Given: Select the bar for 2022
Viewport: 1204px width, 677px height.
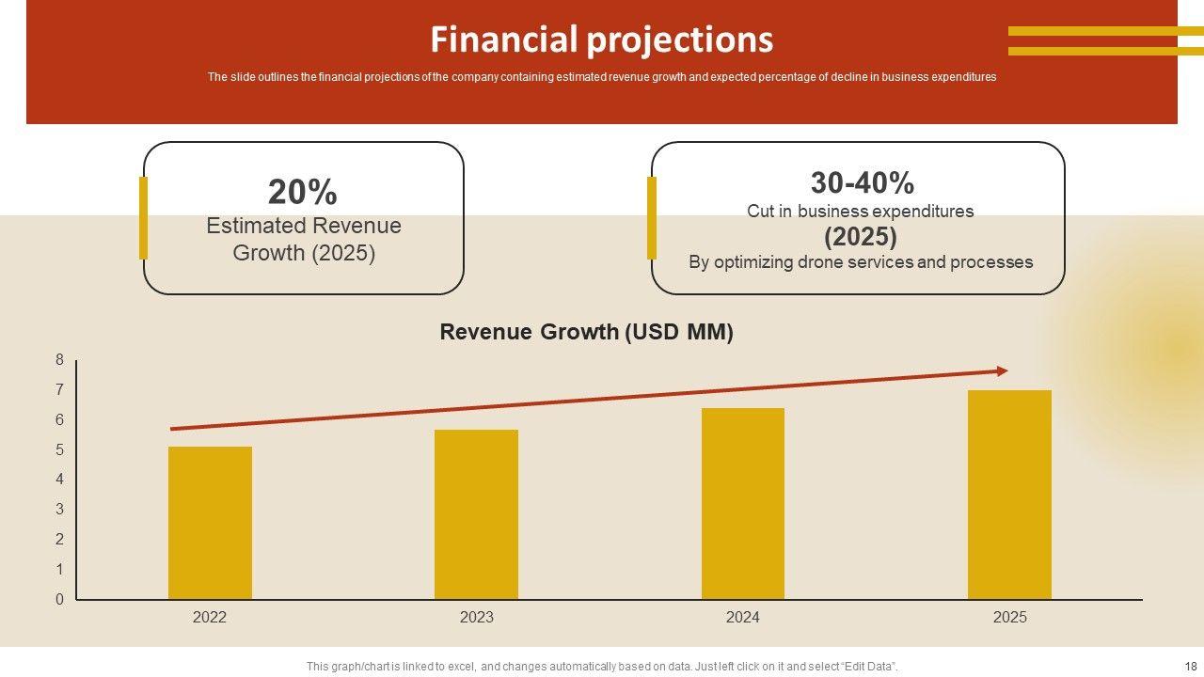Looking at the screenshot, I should pyautogui.click(x=210, y=523).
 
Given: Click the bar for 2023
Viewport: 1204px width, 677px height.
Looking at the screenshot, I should pyautogui.click(x=476, y=514).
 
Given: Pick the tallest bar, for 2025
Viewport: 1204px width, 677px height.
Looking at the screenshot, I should pyautogui.click(x=1009, y=495).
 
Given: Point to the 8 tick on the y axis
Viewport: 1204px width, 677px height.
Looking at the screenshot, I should pyautogui.click(x=60, y=359).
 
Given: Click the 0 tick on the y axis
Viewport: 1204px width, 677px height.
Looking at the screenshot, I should pyautogui.click(x=60, y=599).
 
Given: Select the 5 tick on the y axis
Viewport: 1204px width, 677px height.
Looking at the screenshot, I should pyautogui.click(x=60, y=449).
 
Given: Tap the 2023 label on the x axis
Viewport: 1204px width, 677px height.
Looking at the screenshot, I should pyautogui.click(x=476, y=618).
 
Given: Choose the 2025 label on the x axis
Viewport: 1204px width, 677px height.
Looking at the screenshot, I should pyautogui.click(x=1009, y=618).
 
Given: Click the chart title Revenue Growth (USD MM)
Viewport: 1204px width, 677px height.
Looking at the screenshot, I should pyautogui.click(x=586, y=332).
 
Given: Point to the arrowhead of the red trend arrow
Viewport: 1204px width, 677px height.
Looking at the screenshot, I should pyautogui.click(x=1002, y=371).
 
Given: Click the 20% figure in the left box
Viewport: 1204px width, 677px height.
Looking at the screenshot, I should pyautogui.click(x=302, y=192).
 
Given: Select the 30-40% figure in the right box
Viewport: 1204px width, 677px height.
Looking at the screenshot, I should pyautogui.click(x=862, y=181).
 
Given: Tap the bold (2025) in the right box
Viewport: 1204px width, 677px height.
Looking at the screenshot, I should pyautogui.click(x=861, y=236).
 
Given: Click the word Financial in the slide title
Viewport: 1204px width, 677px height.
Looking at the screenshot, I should pyautogui.click(x=504, y=39).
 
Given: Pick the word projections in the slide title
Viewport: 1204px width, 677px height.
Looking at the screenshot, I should pyautogui.click(x=679, y=39).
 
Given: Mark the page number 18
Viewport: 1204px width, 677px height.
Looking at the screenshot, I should pyautogui.click(x=1190, y=666).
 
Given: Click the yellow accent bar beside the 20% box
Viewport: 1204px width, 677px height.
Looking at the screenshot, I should pyautogui.click(x=143, y=217).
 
